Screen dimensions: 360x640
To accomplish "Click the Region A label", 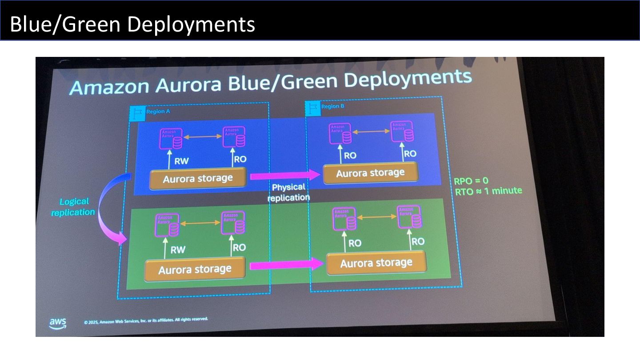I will point(158,111).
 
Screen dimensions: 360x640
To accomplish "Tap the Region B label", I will point(333,107).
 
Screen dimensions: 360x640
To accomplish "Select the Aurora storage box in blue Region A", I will point(198,178).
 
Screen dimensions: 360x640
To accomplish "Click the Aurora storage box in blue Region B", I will point(370,173).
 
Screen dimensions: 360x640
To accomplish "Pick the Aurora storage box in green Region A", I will point(195,269).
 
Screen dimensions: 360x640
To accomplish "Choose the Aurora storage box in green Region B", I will point(376,263).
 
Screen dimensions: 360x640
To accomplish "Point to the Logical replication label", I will point(73,207).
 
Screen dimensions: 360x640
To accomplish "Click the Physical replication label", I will point(288,192).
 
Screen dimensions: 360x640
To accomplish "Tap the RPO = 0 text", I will point(471,181).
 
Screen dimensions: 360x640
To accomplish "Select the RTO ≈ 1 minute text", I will point(488,191).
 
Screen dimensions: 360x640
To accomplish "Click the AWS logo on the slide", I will point(58,323).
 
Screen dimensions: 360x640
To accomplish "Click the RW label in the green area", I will point(178,250).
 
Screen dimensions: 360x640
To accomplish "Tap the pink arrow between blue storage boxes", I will point(285,176).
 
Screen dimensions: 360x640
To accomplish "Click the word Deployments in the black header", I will point(191,24).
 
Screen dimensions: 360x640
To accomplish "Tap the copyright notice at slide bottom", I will point(146,320).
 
